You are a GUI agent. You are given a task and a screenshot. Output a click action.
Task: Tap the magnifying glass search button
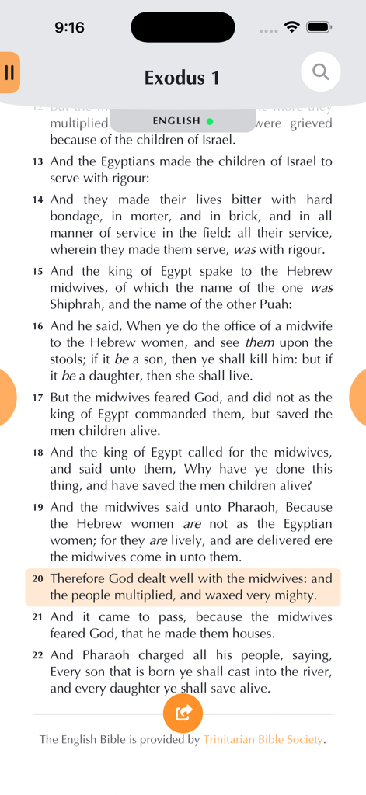tap(320, 72)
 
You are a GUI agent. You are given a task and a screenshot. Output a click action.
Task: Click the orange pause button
tap(9, 72)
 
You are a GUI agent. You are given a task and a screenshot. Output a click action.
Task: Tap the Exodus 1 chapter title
tap(182, 78)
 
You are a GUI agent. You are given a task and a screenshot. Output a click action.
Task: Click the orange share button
tap(183, 713)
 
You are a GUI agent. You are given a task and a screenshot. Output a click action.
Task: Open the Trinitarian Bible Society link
tap(263, 740)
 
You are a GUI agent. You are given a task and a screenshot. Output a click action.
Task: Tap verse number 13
tap(38, 162)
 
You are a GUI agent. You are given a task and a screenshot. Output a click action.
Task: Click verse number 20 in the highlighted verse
tap(38, 579)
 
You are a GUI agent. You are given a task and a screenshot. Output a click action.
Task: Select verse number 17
tap(38, 397)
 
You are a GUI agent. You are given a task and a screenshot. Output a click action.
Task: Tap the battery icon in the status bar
tap(319, 27)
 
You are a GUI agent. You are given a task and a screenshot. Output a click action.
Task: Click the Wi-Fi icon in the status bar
tap(292, 27)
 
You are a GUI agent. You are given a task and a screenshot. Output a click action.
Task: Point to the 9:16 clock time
tap(69, 28)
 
